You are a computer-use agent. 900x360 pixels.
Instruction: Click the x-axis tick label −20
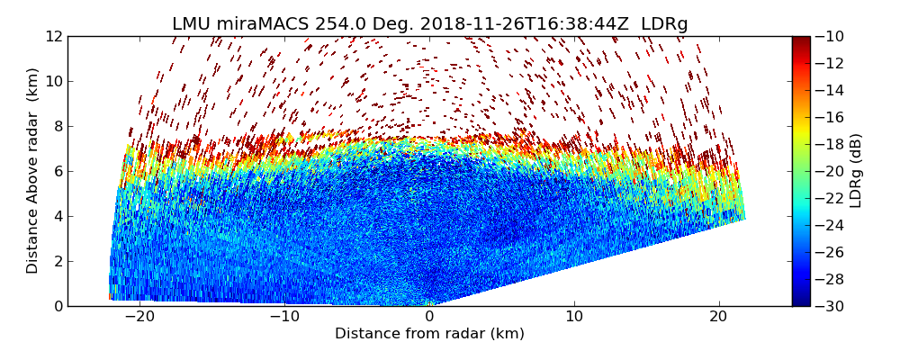tap(138, 317)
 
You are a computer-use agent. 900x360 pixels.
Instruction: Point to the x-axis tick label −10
tap(283, 317)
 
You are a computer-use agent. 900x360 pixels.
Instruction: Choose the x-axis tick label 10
tap(574, 317)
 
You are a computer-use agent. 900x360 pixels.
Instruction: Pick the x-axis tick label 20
tap(718, 317)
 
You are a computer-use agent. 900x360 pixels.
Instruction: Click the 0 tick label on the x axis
tap(429, 317)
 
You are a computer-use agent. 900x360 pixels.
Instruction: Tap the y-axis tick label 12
tap(54, 36)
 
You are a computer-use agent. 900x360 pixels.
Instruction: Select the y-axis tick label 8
tap(58, 126)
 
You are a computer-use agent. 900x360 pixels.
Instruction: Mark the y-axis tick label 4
tap(58, 216)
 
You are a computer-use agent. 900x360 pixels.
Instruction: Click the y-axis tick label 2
tap(58, 261)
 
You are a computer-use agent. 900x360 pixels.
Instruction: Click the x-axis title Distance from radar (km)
tap(429, 334)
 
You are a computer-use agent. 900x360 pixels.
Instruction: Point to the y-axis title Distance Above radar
tap(33, 171)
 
